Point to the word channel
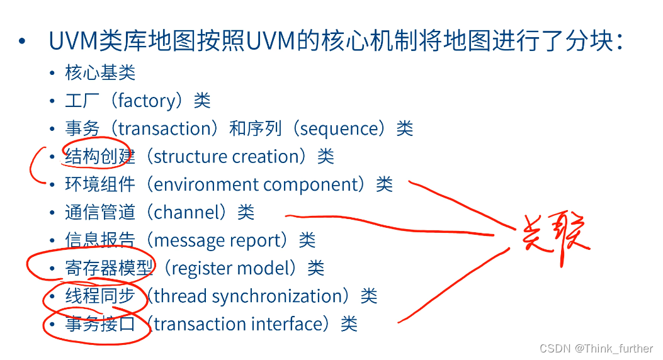[x=186, y=212]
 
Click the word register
[x=202, y=268]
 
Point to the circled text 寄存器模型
[x=109, y=268]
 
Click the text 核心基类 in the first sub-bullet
[x=100, y=73]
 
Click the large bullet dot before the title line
[x=23, y=42]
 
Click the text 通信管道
[x=100, y=212]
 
